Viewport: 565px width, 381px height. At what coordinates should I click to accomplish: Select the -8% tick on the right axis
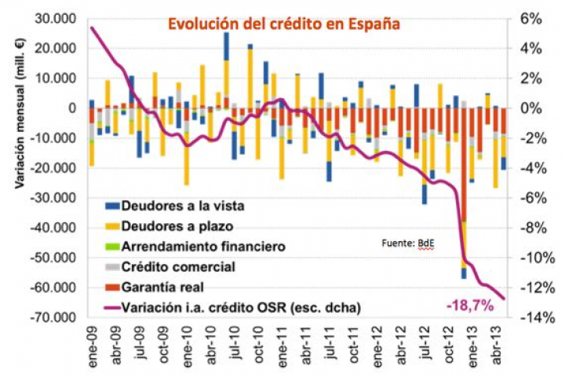530,228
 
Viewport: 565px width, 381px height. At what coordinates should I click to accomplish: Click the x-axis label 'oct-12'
449,343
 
